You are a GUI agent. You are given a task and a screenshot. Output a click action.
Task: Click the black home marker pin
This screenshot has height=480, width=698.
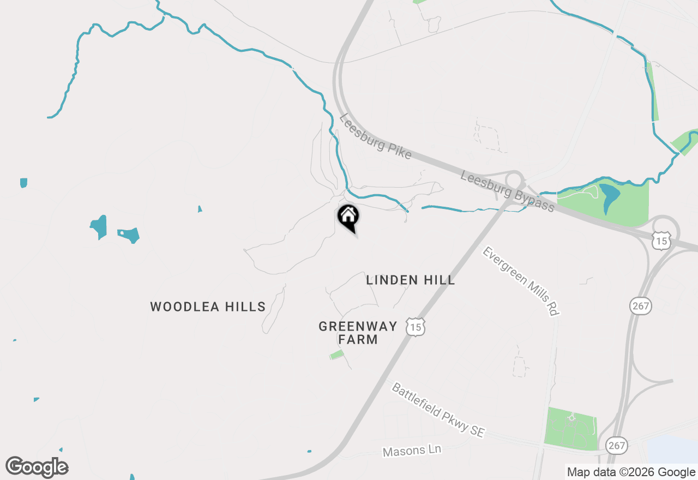pyautogui.click(x=348, y=216)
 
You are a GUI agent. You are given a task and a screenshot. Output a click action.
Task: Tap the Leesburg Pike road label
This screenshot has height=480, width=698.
pyautogui.click(x=375, y=136)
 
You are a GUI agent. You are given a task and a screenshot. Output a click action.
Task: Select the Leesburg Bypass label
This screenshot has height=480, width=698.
pyautogui.click(x=507, y=191)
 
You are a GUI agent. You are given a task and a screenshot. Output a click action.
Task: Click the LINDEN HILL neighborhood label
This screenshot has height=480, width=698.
pyautogui.click(x=410, y=280)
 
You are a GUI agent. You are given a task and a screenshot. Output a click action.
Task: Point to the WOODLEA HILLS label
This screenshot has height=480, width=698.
pyautogui.click(x=208, y=307)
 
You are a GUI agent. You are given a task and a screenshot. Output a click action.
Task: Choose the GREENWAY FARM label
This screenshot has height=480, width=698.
pyautogui.click(x=358, y=333)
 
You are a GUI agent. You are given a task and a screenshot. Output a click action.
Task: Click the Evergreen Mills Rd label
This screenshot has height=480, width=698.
pyautogui.click(x=521, y=281)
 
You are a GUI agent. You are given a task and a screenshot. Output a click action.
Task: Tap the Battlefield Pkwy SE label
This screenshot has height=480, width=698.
pyautogui.click(x=437, y=410)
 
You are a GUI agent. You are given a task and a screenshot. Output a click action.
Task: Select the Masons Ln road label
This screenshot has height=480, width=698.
pyautogui.click(x=412, y=451)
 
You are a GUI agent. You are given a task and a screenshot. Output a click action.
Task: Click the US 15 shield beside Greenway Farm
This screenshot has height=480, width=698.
pyautogui.click(x=416, y=327)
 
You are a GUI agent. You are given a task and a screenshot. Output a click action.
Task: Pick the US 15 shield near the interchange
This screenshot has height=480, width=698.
pyautogui.click(x=662, y=241)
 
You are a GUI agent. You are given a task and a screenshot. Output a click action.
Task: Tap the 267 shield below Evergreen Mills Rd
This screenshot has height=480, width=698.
pyautogui.click(x=640, y=305)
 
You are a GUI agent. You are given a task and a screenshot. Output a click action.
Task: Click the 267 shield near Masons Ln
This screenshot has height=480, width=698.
pyautogui.click(x=617, y=446)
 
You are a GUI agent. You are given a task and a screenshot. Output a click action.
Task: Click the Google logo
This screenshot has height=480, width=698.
pyautogui.click(x=37, y=467)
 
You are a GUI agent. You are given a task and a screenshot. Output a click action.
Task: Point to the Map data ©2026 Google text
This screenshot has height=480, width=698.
pyautogui.click(x=631, y=472)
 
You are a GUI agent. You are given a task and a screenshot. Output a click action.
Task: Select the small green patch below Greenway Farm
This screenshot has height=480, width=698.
pyautogui.click(x=336, y=355)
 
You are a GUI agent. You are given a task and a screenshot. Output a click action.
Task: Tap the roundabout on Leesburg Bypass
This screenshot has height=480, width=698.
pyautogui.click(x=514, y=180)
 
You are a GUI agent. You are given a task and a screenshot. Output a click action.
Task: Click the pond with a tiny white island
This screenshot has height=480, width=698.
pyautogui.click(x=129, y=235)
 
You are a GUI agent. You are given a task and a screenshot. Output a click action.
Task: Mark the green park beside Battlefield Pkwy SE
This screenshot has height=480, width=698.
pyautogui.click(x=571, y=428)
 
